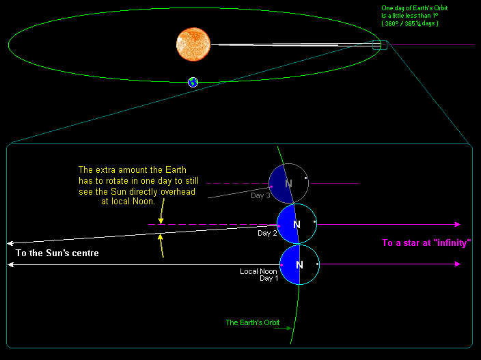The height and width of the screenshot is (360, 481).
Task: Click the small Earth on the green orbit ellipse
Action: [x=193, y=83]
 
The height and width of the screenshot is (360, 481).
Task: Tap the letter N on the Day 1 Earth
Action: [x=299, y=265]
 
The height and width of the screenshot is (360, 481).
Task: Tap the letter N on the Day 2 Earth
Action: [x=297, y=225]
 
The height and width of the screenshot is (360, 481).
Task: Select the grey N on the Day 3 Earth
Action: [x=288, y=184]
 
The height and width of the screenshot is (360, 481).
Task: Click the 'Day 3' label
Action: [x=261, y=196]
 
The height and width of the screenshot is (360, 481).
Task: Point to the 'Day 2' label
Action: [x=266, y=234]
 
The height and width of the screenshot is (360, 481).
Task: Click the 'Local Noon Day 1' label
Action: [x=258, y=275]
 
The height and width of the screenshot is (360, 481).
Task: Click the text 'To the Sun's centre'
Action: [x=57, y=253]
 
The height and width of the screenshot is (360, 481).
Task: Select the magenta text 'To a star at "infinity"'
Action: [x=426, y=243]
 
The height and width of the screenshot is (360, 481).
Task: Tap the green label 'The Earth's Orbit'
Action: [x=249, y=322]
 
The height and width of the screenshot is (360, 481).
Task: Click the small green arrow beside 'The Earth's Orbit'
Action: [x=283, y=328]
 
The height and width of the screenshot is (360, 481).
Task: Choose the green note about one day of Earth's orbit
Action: [x=410, y=16]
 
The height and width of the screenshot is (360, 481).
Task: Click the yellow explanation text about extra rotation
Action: [x=137, y=186]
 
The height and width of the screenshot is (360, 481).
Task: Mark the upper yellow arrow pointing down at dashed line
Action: [x=160, y=218]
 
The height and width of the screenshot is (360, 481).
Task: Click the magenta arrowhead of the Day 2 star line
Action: [x=457, y=224]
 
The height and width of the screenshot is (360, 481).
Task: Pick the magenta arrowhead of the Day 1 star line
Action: [x=457, y=264]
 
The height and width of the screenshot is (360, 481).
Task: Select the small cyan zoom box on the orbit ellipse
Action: [x=379, y=45]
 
